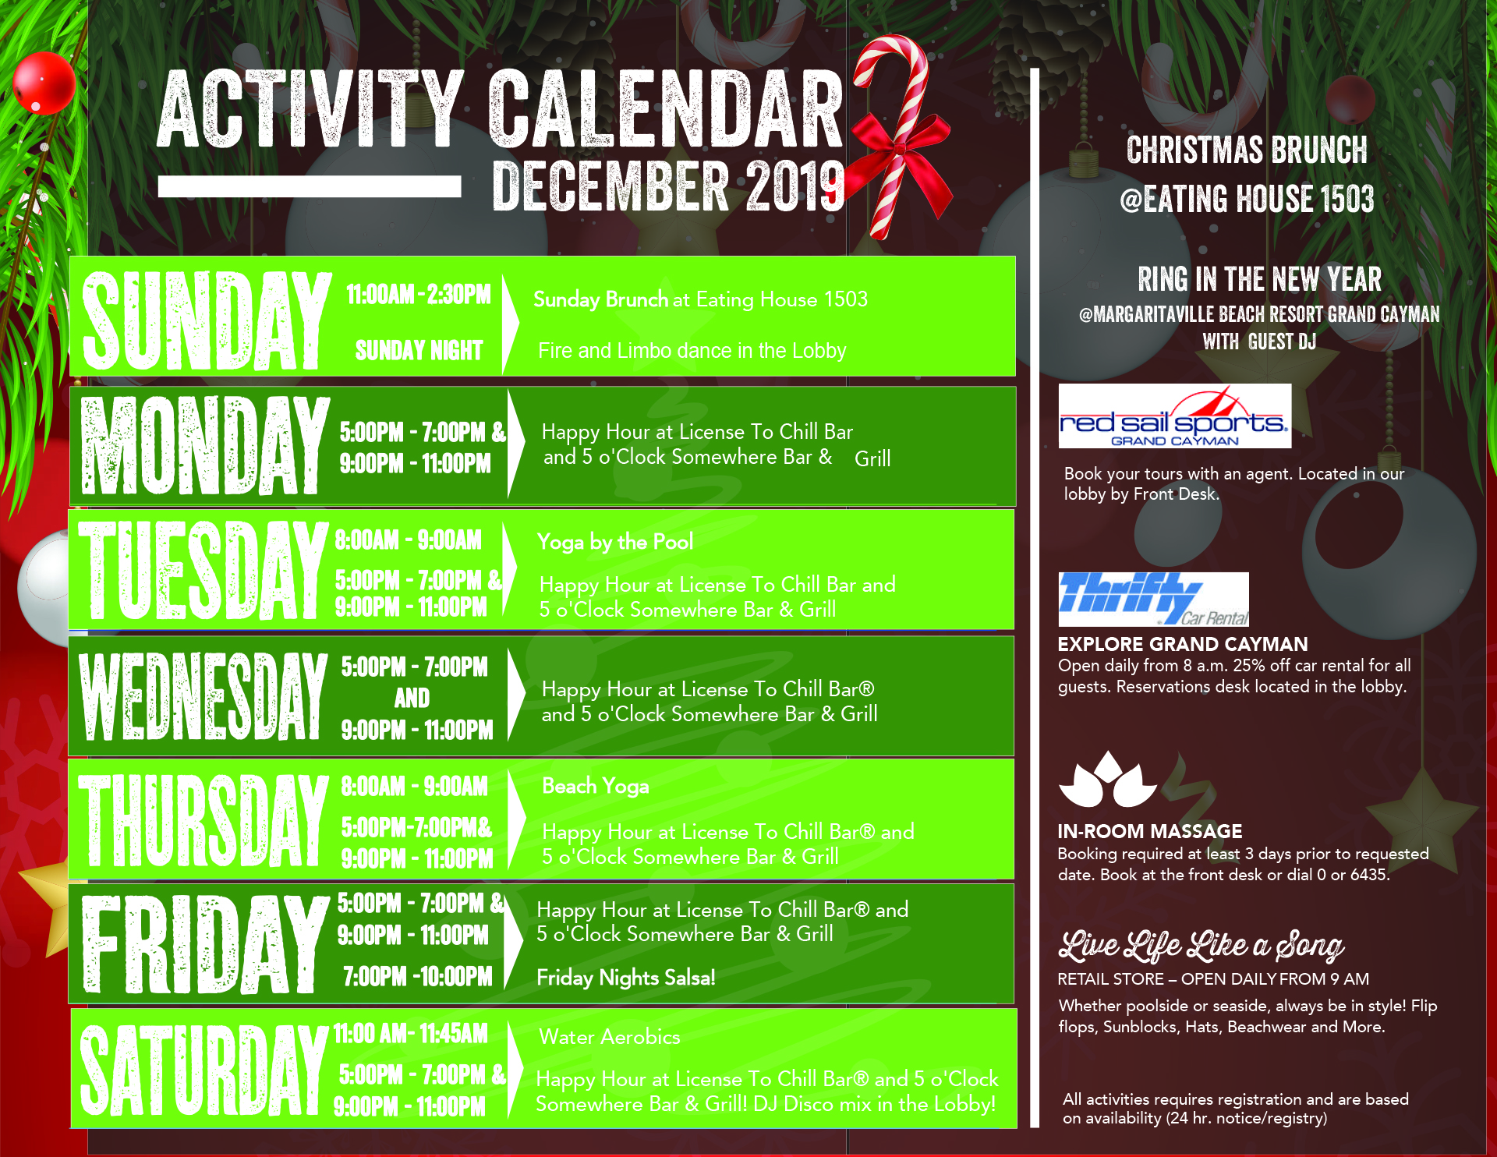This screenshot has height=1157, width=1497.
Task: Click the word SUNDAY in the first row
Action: (x=207, y=320)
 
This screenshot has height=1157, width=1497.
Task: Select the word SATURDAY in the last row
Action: (x=203, y=1069)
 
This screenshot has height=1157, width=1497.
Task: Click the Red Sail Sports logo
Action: (x=1174, y=416)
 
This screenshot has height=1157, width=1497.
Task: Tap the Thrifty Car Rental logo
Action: (x=1153, y=599)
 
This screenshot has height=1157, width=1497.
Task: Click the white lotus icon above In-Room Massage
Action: (x=1108, y=779)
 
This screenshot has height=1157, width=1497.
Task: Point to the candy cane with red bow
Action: (x=897, y=136)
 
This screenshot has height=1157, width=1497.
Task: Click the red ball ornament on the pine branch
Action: (x=44, y=82)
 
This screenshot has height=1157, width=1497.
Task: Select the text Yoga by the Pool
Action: (x=614, y=542)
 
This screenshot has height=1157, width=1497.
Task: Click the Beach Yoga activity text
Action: (x=596, y=786)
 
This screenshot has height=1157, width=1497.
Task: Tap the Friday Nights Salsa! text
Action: (x=625, y=978)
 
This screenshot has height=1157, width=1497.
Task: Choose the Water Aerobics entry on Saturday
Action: (x=609, y=1037)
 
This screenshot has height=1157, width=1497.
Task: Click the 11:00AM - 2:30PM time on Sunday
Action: (x=419, y=295)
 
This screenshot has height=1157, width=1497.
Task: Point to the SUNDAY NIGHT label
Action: (x=419, y=351)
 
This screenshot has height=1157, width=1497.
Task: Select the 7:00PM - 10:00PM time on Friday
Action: (x=418, y=976)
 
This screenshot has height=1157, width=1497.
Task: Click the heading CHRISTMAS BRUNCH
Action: (x=1247, y=150)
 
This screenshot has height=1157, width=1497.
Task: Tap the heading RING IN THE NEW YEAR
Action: (x=1259, y=279)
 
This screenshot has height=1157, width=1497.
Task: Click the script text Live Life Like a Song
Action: (x=1201, y=945)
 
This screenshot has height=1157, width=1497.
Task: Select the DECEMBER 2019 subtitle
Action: (x=668, y=186)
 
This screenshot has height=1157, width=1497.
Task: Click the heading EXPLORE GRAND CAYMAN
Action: (x=1183, y=644)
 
